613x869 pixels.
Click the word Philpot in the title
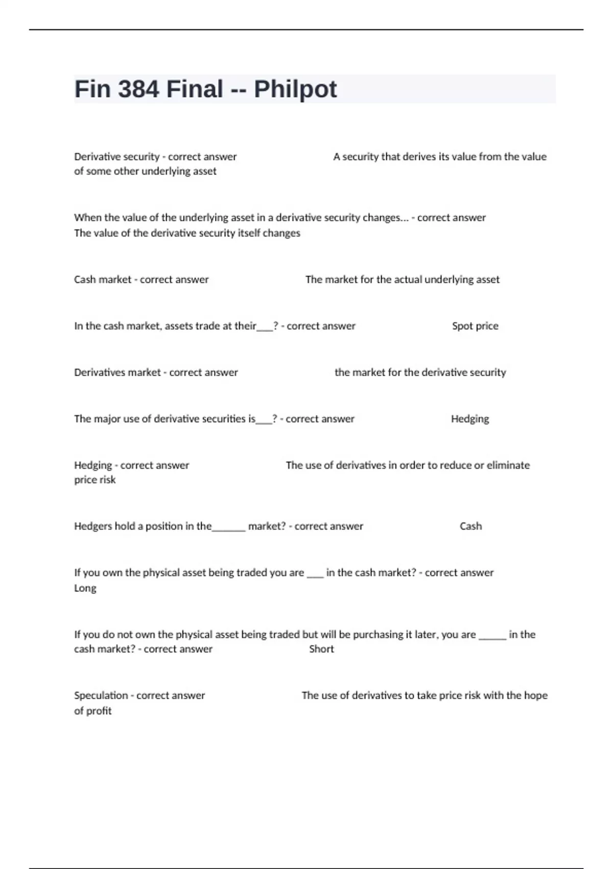tap(295, 89)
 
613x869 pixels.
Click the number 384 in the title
tap(138, 89)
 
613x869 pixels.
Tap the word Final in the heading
tap(195, 89)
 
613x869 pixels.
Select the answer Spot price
tap(475, 326)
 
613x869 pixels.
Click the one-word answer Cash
tap(470, 527)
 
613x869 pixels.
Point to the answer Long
tap(85, 588)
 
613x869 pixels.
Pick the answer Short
tap(321, 649)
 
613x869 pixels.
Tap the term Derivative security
tap(116, 157)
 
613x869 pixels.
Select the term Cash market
tap(103, 280)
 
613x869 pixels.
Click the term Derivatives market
tap(117, 373)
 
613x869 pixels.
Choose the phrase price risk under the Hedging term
tap(95, 480)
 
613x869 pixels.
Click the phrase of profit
tap(92, 711)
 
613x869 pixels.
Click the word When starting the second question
tap(88, 218)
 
